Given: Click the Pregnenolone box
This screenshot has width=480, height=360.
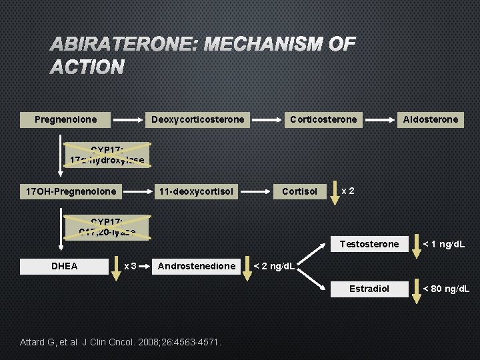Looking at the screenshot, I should click(65, 119).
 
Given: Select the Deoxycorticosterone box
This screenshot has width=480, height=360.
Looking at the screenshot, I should click(198, 119).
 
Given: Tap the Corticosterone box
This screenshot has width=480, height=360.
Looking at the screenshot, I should click(323, 119).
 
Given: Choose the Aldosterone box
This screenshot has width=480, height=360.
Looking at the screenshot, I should click(430, 119).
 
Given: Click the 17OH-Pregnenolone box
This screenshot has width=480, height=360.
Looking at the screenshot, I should click(71, 191).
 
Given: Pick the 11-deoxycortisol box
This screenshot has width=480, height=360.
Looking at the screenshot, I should click(196, 191).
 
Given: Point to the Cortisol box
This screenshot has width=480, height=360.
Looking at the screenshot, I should click(299, 191).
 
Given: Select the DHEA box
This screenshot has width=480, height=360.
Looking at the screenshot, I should click(65, 266).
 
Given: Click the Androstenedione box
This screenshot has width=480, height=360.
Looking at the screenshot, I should click(196, 266).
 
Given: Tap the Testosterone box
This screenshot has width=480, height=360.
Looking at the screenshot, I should click(369, 244).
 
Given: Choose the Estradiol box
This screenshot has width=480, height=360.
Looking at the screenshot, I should click(369, 289).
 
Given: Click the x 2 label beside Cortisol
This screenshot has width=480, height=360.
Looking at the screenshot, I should click(347, 191).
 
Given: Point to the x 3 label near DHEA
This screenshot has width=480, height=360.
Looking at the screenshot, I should click(131, 266).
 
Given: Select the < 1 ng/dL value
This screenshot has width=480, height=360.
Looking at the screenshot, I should click(443, 244).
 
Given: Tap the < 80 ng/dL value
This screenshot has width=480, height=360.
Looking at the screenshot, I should click(446, 289).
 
